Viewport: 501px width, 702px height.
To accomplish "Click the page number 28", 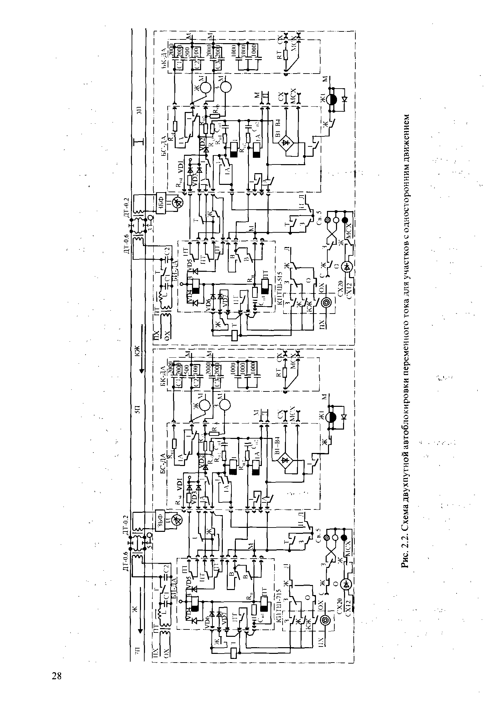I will click(x=57, y=675).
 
